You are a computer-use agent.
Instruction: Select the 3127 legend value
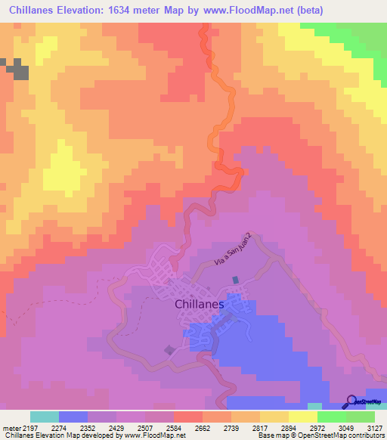coord(374,427)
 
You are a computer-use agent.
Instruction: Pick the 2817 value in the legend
coord(274,427)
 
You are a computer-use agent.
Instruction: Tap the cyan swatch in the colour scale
coord(44,417)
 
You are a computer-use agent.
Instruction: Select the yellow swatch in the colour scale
coord(303,417)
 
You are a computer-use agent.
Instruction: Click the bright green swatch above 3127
coord(361,417)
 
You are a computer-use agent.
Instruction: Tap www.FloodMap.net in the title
coord(237,11)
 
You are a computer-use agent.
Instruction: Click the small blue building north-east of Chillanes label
coord(236,280)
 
